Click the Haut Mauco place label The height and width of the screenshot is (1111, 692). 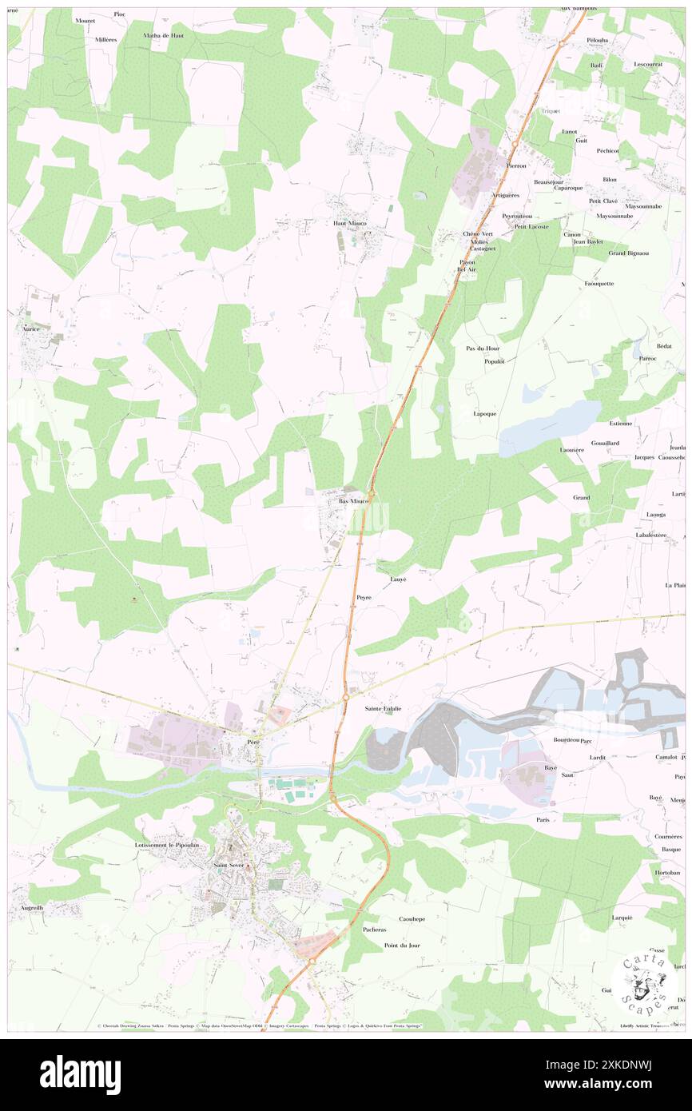[349, 223]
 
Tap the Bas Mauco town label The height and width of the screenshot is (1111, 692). [352, 501]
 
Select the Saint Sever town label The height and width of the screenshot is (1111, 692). [229, 865]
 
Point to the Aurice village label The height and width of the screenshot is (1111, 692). [30, 329]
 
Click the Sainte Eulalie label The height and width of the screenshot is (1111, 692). [383, 709]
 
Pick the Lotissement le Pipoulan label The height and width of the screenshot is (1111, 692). [171, 845]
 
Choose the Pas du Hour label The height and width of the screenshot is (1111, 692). [483, 349]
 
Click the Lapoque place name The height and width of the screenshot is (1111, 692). [485, 414]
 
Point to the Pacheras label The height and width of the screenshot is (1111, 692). [374, 930]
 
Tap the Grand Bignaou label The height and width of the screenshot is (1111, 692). [628, 253]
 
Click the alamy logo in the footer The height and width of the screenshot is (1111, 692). [80, 1074]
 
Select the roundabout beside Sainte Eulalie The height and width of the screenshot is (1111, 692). [345, 698]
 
